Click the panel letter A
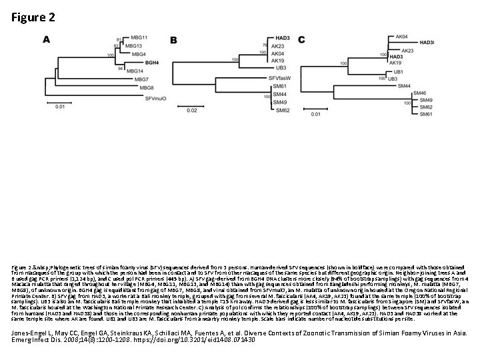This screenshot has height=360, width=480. tap(47, 39)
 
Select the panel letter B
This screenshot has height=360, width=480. tap(174, 40)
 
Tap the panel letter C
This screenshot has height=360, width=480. tap(301, 40)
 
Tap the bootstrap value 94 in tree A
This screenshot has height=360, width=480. tap(120, 68)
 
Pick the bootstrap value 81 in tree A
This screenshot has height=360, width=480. tap(119, 40)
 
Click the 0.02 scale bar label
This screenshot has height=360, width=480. tap(192, 110)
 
